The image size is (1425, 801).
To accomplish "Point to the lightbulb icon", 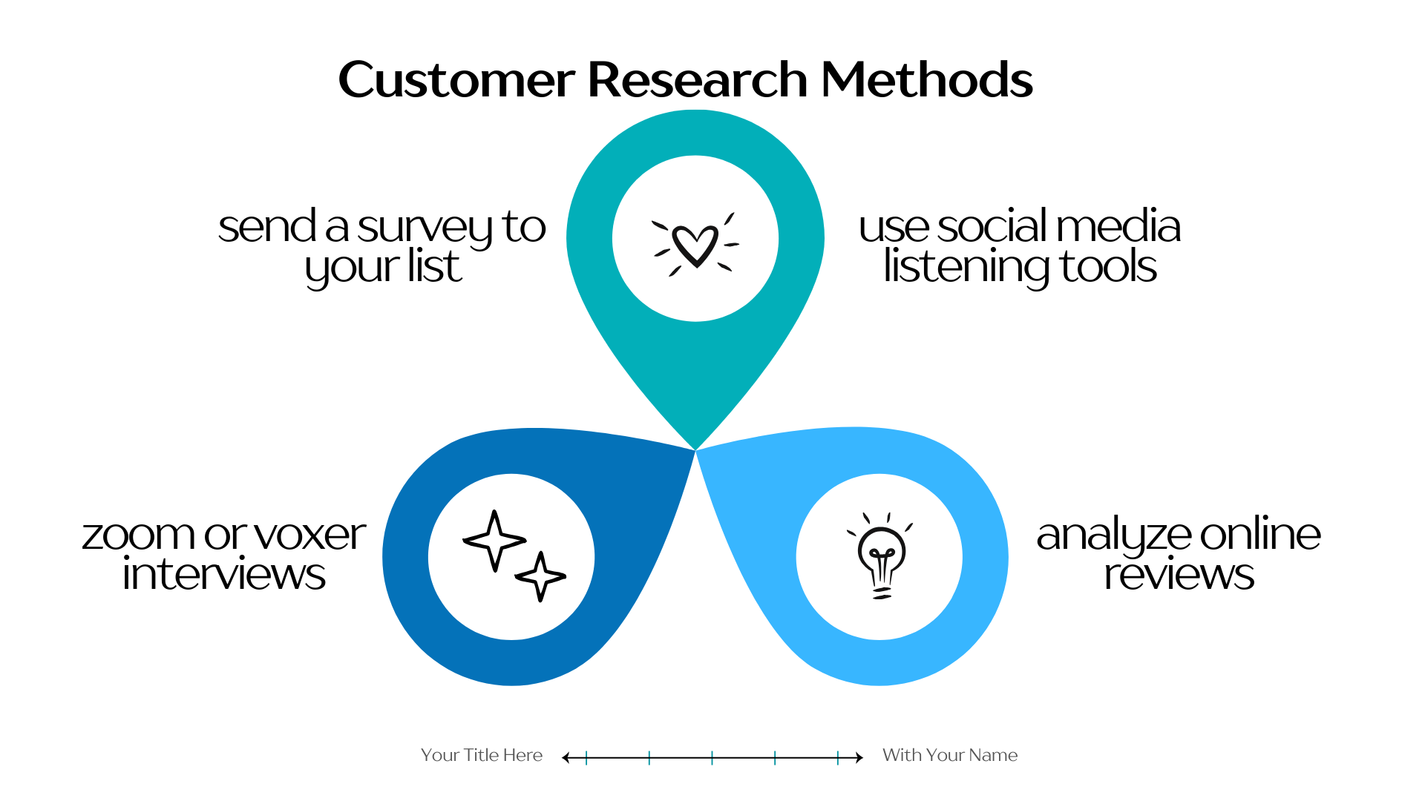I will (x=881, y=556).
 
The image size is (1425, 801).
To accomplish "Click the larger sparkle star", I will (x=494, y=541).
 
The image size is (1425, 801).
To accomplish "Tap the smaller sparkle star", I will (x=541, y=576).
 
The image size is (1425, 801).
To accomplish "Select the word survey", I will (x=425, y=228).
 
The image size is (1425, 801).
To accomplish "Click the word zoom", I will (x=138, y=535).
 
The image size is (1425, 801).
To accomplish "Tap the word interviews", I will (x=224, y=575).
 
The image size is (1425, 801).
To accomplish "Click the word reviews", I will (x=1179, y=575).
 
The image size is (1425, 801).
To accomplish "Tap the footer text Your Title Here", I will (x=482, y=755).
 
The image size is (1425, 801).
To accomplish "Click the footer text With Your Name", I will (x=950, y=755).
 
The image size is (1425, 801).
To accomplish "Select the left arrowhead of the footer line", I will (x=566, y=757).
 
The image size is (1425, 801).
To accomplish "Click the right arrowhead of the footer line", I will (x=859, y=757).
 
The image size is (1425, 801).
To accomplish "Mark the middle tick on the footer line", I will (x=712, y=757).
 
